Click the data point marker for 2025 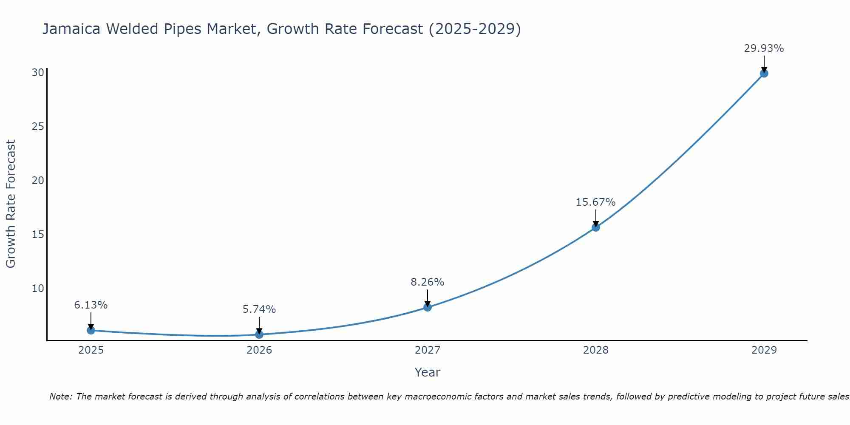pyautogui.click(x=91, y=330)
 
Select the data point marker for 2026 pyautogui.click(x=259, y=334)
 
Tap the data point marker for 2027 pyautogui.click(x=428, y=307)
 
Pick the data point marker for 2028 pyautogui.click(x=596, y=227)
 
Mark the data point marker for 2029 pyautogui.click(x=764, y=74)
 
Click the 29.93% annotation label pyautogui.click(x=764, y=48)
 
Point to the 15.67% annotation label pyautogui.click(x=595, y=202)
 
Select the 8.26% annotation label pyautogui.click(x=427, y=282)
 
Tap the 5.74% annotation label pyautogui.click(x=259, y=309)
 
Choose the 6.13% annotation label pyautogui.click(x=91, y=305)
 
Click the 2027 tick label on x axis pyautogui.click(x=428, y=350)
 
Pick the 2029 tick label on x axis pyautogui.click(x=764, y=350)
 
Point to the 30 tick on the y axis pyautogui.click(x=38, y=73)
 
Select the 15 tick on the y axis pyautogui.click(x=38, y=235)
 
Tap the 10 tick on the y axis pyautogui.click(x=38, y=289)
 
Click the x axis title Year pyautogui.click(x=427, y=372)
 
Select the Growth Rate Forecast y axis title pyautogui.click(x=11, y=204)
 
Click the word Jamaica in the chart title pyautogui.click(x=71, y=29)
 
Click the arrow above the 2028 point pyautogui.click(x=596, y=218)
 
